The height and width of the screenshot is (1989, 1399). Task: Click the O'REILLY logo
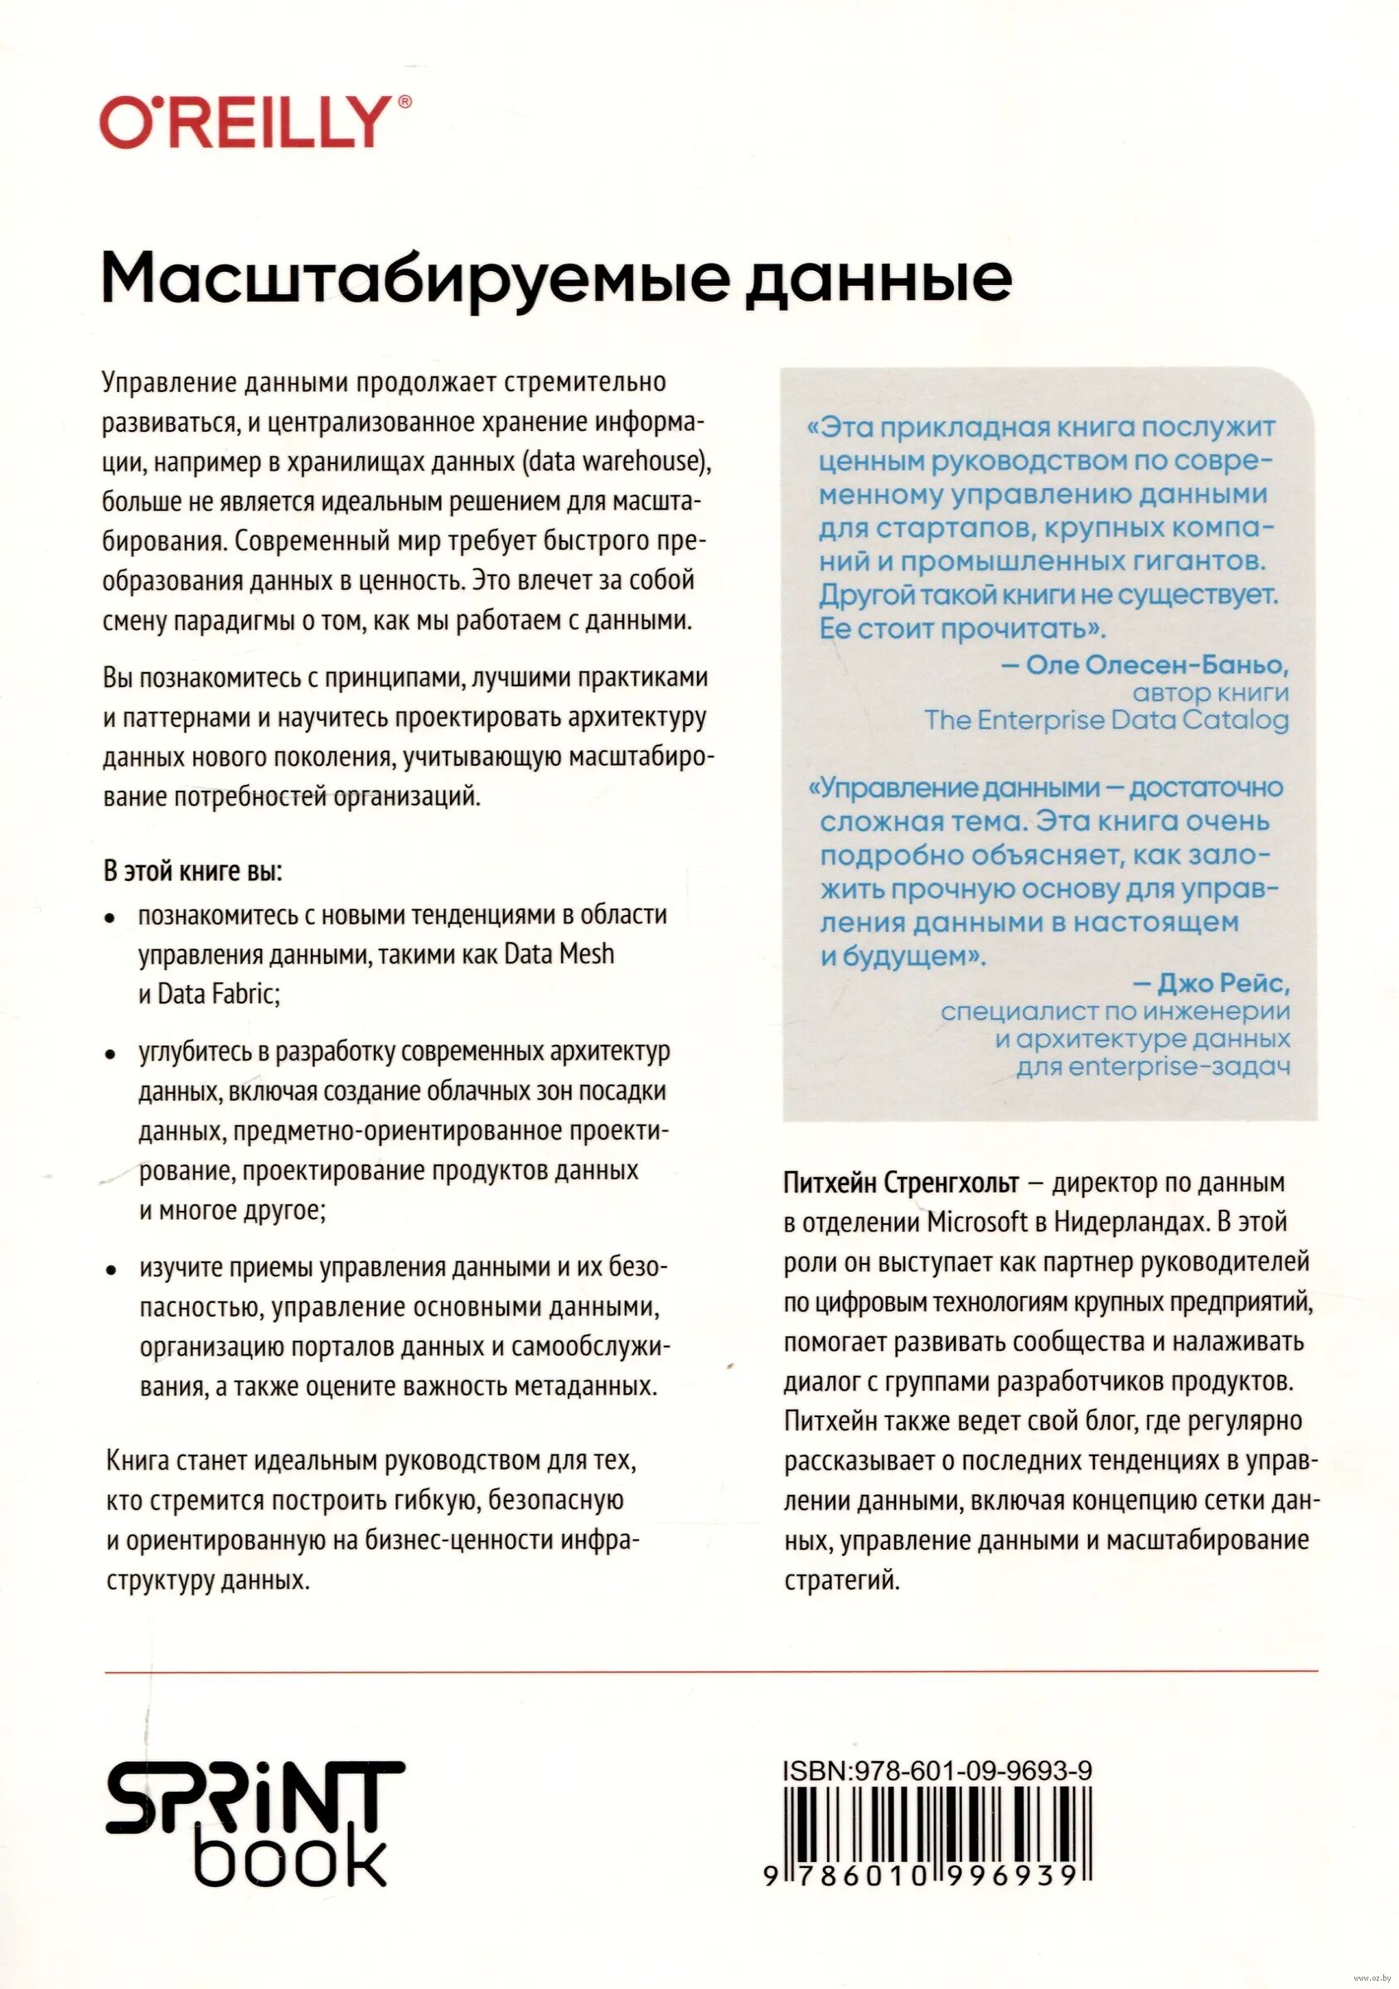pyautogui.click(x=245, y=123)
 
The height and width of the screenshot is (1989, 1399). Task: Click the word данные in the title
pyautogui.click(x=879, y=279)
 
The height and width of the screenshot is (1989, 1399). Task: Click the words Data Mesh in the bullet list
pyautogui.click(x=559, y=954)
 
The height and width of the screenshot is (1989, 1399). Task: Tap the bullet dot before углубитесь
pyautogui.click(x=110, y=1055)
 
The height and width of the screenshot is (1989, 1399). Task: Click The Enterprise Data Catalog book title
pyautogui.click(x=1106, y=720)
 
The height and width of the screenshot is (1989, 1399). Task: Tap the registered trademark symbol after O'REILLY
pyautogui.click(x=404, y=102)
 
